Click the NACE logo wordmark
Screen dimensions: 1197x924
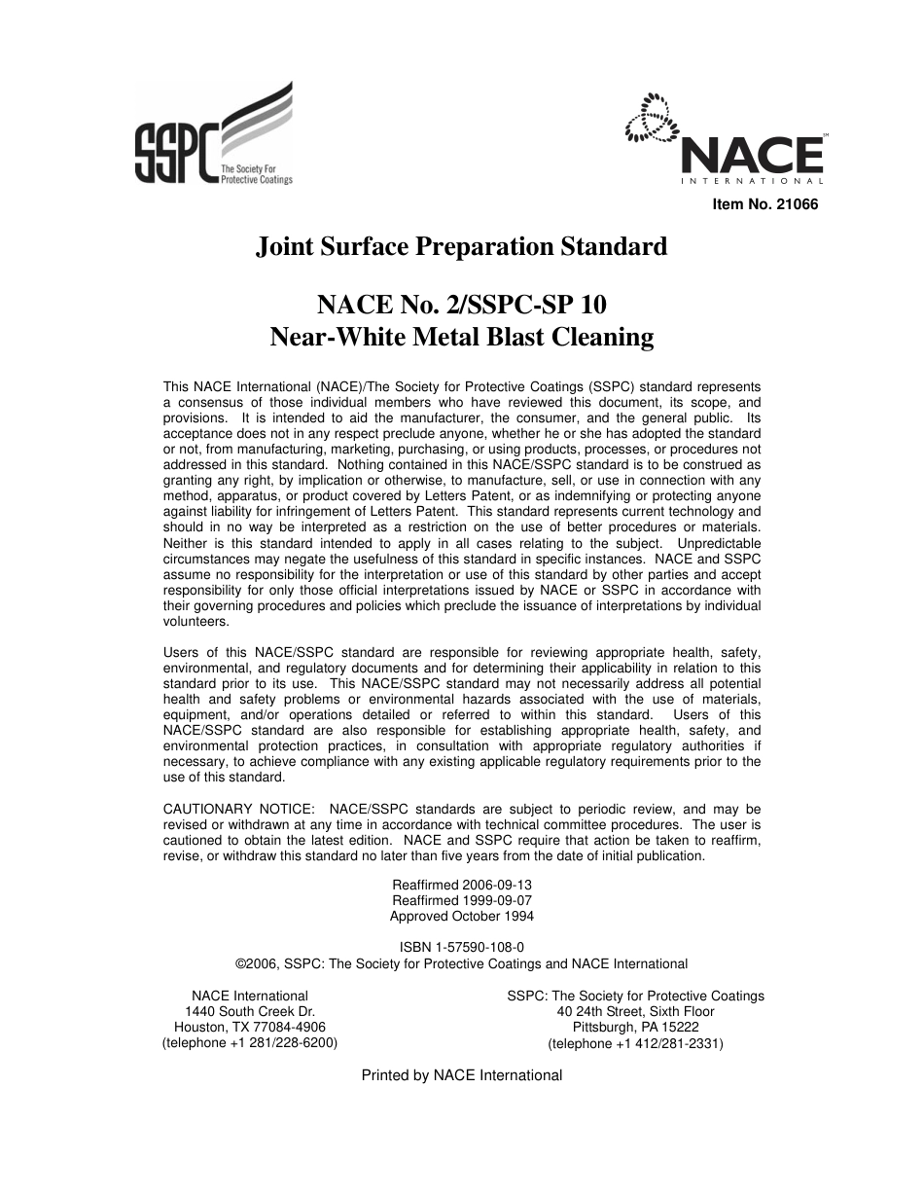click(x=752, y=155)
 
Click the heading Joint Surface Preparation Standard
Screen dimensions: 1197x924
click(x=461, y=247)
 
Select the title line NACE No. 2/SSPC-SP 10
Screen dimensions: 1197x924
click(x=461, y=305)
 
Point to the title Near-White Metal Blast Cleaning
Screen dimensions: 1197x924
click(x=461, y=338)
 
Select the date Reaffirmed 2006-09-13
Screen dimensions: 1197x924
click(x=461, y=886)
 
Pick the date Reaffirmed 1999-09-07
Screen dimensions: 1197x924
click(x=461, y=901)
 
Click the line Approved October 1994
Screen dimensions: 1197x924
click(x=461, y=917)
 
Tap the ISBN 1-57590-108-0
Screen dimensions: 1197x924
click(x=461, y=947)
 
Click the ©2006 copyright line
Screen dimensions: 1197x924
click(x=461, y=963)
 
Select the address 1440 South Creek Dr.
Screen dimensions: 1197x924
click(x=250, y=1011)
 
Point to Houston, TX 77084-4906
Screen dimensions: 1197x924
click(x=250, y=1027)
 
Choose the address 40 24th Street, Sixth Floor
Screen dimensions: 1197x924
click(x=635, y=1011)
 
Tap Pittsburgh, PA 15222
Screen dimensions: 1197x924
click(x=635, y=1027)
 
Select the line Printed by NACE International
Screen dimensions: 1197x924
click(x=461, y=1075)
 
